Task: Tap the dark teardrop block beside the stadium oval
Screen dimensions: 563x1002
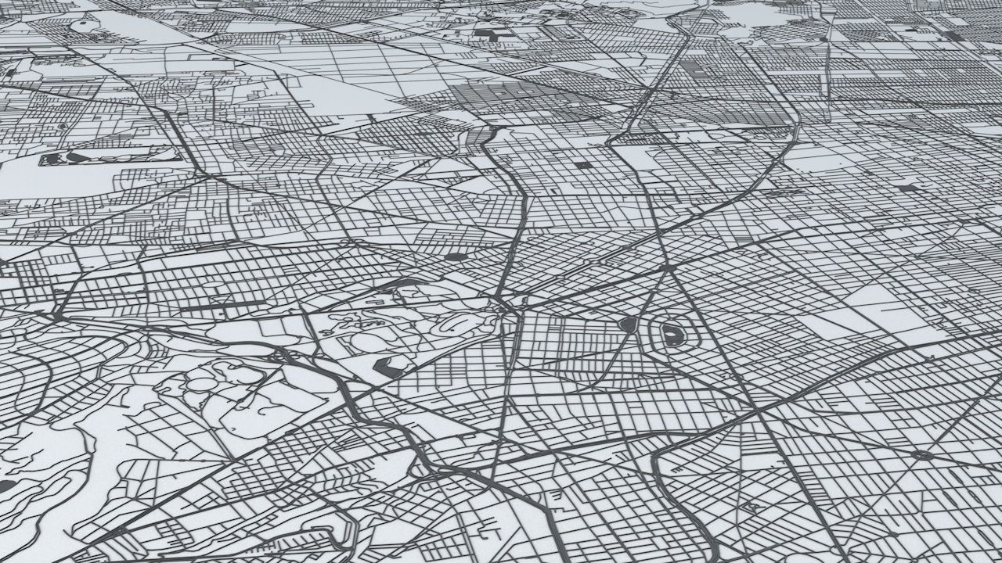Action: tap(627, 324)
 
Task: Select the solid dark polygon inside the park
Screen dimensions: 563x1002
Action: tap(389, 364)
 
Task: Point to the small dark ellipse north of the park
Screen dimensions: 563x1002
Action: tap(456, 256)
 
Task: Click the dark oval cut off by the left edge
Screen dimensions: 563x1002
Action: tap(5, 486)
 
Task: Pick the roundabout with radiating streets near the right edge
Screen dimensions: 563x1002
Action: tap(922, 454)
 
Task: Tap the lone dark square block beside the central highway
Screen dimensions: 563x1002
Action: tap(583, 165)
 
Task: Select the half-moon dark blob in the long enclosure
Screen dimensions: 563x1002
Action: tap(79, 156)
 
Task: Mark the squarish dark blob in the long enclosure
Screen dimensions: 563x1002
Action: tap(52, 159)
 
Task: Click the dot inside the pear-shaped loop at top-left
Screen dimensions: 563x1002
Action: tap(82, 24)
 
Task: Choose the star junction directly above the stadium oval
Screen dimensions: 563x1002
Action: tap(666, 268)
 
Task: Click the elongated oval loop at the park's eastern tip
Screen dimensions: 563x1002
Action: tap(452, 321)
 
